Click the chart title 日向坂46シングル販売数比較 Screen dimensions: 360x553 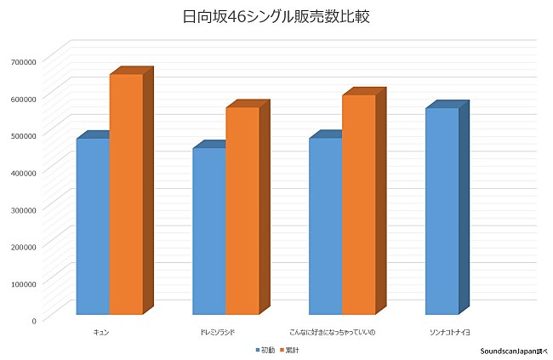[x=276, y=17]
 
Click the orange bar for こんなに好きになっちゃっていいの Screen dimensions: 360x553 [x=359, y=204]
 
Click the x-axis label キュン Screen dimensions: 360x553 [x=101, y=330]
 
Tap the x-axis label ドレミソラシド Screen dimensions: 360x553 [x=218, y=330]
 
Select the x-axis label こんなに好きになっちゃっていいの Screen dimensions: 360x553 [x=334, y=330]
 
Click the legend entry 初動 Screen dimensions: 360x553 [x=265, y=350]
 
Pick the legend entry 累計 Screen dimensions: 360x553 [x=289, y=350]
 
